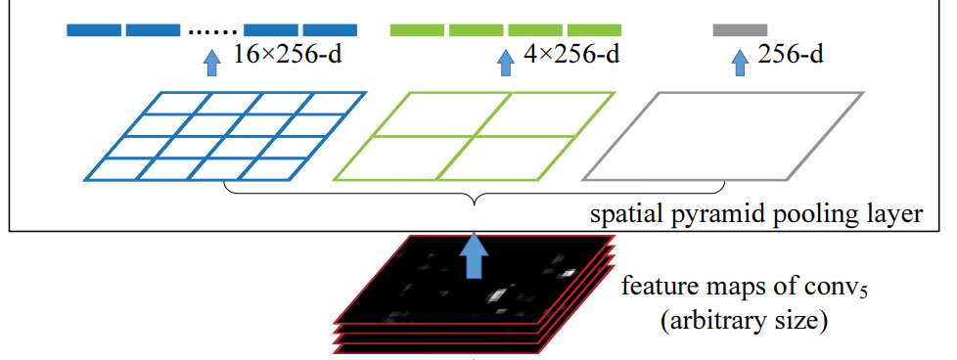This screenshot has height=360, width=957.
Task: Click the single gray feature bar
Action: tap(740, 30)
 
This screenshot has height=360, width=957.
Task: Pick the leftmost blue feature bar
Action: tap(93, 30)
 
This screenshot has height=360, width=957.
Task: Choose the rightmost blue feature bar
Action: tap(330, 30)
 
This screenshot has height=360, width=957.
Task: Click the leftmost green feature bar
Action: tap(417, 30)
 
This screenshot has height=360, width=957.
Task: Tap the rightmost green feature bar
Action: tap(595, 30)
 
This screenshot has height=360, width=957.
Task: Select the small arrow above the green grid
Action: tap(505, 65)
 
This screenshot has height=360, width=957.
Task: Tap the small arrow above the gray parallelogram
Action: tap(740, 65)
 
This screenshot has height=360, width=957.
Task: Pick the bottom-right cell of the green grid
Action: tap(517, 157)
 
